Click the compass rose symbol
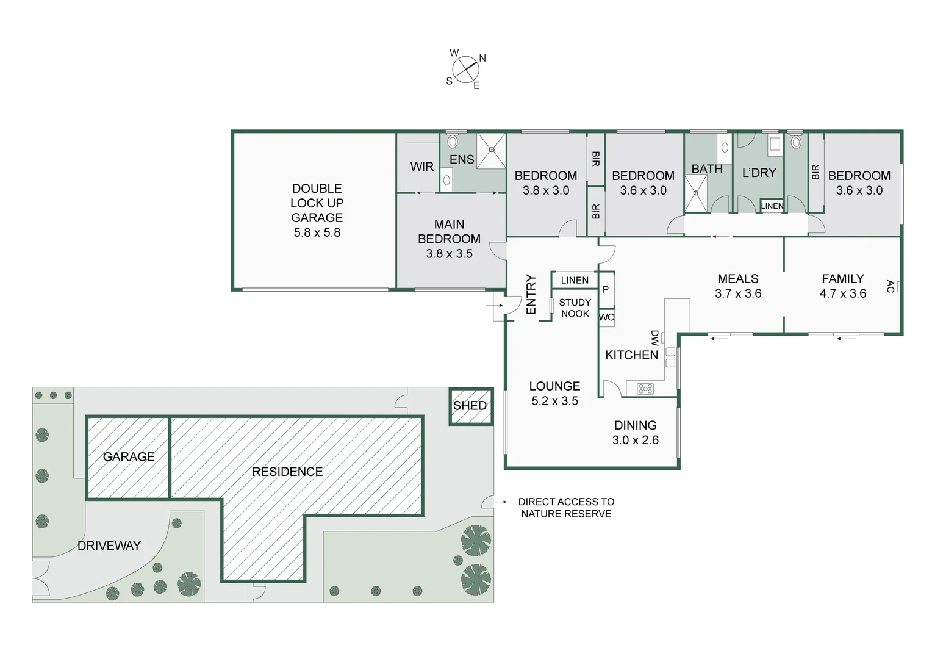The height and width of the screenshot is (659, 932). [466, 70]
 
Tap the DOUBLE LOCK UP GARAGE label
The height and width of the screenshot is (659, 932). [317, 211]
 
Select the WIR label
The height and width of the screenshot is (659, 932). [422, 167]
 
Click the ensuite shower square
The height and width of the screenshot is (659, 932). [492, 150]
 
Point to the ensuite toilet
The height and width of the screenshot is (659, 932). [452, 142]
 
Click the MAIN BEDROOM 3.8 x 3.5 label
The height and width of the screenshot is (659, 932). [450, 239]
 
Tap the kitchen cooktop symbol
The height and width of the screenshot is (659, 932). [645, 389]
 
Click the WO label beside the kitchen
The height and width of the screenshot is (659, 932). [607, 317]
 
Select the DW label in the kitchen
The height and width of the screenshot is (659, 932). [654, 338]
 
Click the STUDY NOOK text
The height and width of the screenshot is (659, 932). [575, 308]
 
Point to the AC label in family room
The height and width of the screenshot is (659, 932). [891, 286]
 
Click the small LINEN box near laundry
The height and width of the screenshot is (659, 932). [772, 206]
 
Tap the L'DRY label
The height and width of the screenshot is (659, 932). [759, 172]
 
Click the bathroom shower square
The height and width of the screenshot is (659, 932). [696, 193]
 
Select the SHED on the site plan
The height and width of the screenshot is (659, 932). [471, 406]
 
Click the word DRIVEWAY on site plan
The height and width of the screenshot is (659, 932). [109, 546]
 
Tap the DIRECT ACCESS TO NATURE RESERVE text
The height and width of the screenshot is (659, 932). [566, 508]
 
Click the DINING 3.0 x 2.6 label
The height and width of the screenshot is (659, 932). [636, 433]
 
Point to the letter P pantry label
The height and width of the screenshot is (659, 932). [606, 289]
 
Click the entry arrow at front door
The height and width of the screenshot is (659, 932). [494, 306]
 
